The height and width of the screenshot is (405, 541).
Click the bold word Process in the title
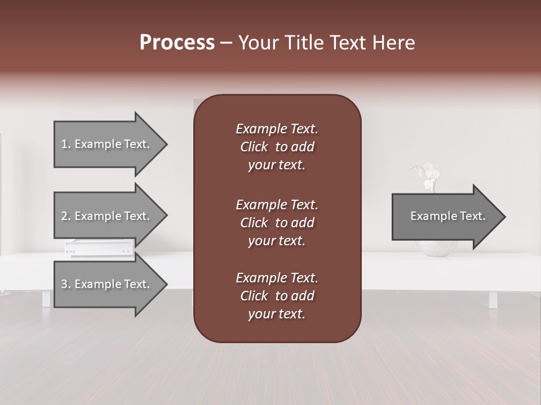(177, 43)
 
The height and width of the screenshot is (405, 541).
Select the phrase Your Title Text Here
(327, 43)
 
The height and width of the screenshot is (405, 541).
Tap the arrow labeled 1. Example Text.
(107, 144)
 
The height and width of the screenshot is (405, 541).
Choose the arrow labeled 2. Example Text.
(107, 216)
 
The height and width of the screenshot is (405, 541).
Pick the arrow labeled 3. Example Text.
(107, 284)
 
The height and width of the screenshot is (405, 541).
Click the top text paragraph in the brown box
(277, 147)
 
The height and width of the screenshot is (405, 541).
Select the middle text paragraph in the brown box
(277, 222)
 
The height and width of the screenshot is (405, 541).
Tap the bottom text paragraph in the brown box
(277, 296)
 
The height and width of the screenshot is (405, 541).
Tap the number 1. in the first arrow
(66, 144)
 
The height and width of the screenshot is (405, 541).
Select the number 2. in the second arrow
(66, 216)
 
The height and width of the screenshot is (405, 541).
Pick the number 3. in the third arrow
(66, 284)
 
